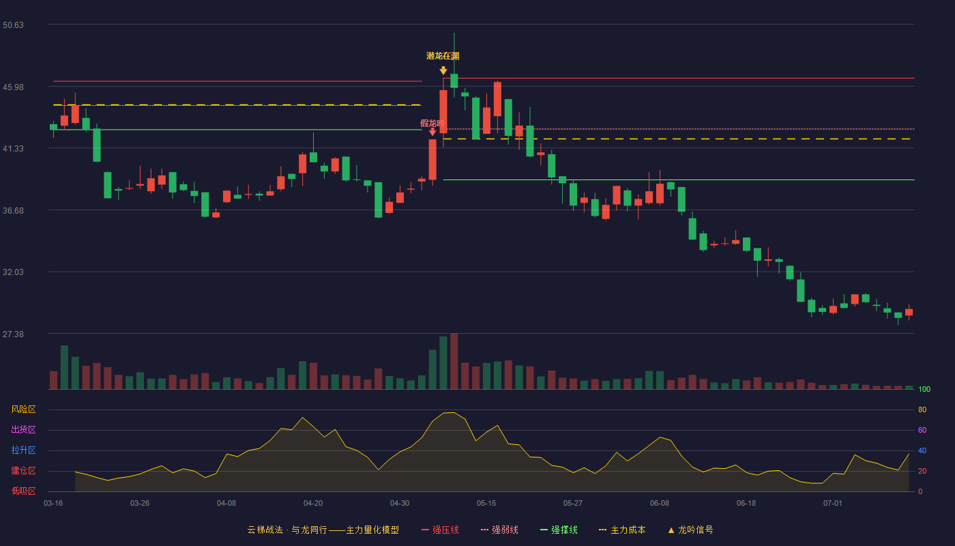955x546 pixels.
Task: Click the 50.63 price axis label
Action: click(x=13, y=25)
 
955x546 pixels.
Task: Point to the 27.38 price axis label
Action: click(x=13, y=334)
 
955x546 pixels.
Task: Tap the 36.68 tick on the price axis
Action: click(x=13, y=211)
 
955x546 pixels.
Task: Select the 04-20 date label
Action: click(x=313, y=504)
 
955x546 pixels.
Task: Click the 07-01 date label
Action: click(x=833, y=504)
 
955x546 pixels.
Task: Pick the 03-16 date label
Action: click(x=53, y=504)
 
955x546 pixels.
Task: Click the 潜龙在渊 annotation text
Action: click(x=443, y=56)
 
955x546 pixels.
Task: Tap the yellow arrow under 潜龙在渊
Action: click(x=443, y=70)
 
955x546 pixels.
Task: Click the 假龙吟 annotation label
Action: click(x=432, y=124)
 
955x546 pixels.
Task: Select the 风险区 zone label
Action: click(x=23, y=409)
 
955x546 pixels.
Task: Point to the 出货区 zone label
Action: click(x=23, y=429)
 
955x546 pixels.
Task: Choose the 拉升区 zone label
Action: click(x=23, y=450)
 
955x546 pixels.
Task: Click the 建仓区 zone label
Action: click(x=23, y=470)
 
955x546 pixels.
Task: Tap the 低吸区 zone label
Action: click(x=23, y=491)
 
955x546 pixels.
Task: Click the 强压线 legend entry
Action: click(x=440, y=530)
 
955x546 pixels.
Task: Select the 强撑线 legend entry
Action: click(x=559, y=530)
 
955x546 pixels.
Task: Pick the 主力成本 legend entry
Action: click(x=622, y=530)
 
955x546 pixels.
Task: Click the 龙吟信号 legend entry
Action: click(x=690, y=530)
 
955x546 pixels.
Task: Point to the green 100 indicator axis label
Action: click(x=924, y=389)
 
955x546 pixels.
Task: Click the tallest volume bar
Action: click(x=454, y=361)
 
